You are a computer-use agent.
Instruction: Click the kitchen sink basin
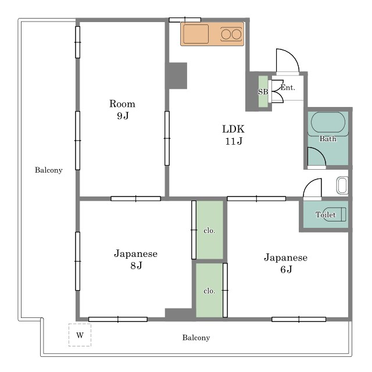tap(196, 34)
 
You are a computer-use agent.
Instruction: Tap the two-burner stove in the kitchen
tap(231, 34)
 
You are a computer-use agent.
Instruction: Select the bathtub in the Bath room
tap(328, 123)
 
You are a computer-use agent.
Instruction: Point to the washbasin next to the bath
tap(342, 185)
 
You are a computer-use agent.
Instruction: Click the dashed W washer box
tap(80, 335)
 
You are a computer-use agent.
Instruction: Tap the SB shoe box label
tap(263, 92)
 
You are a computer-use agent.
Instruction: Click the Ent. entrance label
tap(288, 88)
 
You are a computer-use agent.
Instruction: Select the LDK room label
tap(233, 129)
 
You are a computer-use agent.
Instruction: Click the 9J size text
tap(123, 116)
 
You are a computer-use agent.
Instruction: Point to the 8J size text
tap(136, 266)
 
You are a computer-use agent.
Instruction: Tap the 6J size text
tap(286, 269)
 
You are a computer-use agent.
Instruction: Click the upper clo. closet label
tap(209, 230)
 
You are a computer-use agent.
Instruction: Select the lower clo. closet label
tap(209, 291)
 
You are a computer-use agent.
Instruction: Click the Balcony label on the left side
tap(49, 170)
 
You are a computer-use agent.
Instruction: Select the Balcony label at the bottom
tap(196, 337)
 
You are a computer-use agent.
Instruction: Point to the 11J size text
tap(234, 141)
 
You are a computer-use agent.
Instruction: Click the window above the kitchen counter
tap(185, 20)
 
